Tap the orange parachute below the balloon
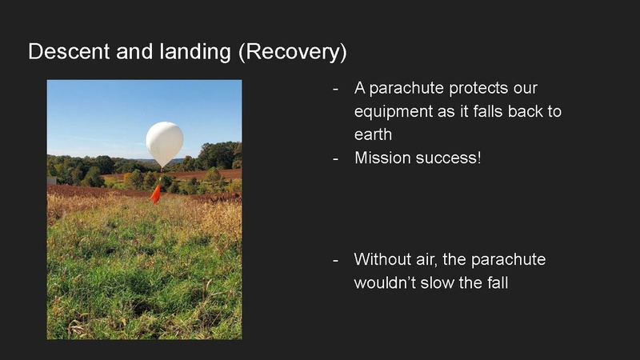(x=156, y=194)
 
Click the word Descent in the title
(x=64, y=52)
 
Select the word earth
(x=373, y=134)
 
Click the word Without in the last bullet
(x=383, y=260)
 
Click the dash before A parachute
(x=336, y=87)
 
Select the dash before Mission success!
(x=336, y=158)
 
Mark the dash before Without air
(x=336, y=260)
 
